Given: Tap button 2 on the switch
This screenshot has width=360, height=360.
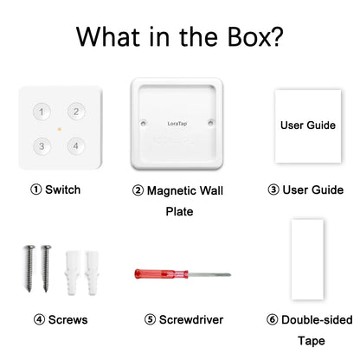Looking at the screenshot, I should pyautogui.click(x=75, y=112).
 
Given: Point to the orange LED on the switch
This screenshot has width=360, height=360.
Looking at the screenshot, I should pyautogui.click(x=57, y=129).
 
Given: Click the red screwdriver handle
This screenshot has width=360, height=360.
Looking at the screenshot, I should pyautogui.click(x=159, y=273).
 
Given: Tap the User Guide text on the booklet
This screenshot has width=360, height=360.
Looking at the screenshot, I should pyautogui.click(x=307, y=125).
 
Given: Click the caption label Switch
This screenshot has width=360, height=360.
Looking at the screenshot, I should pyautogui.click(x=63, y=189).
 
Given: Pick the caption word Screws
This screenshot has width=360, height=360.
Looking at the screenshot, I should pyautogui.click(x=68, y=319).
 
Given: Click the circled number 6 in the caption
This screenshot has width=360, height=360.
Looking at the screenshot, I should pyautogui.click(x=273, y=319).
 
